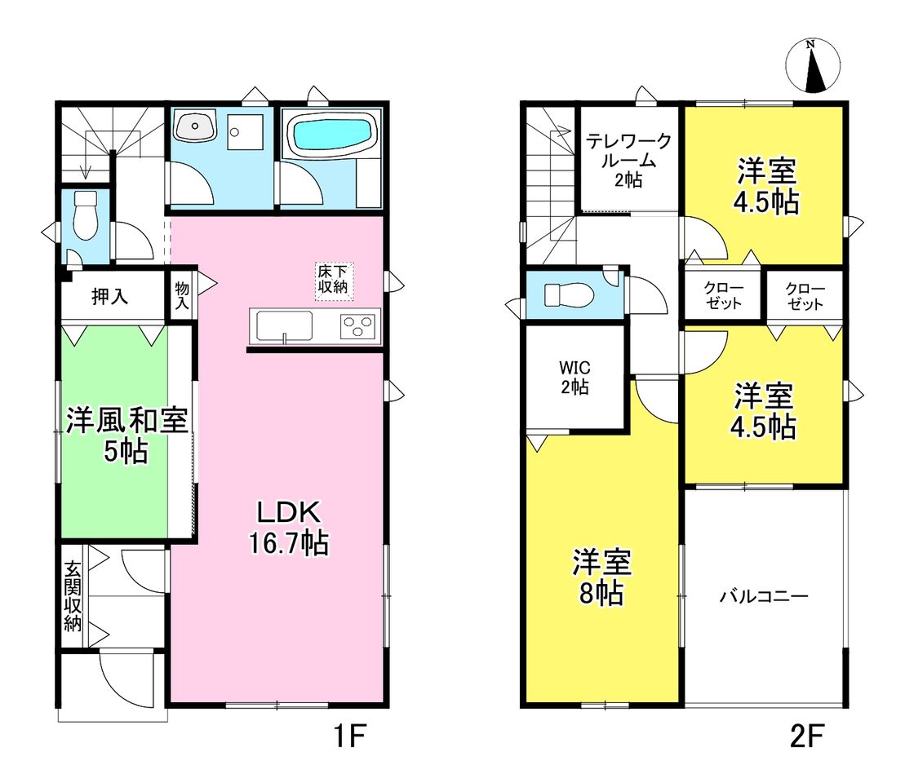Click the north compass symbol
pyautogui.click(x=813, y=65)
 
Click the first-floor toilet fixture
pyautogui.click(x=86, y=215)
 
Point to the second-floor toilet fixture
pyautogui.click(x=569, y=295)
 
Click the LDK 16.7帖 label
pyautogui.click(x=289, y=527)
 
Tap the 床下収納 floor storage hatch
pyautogui.click(x=334, y=281)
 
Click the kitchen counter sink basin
pyautogui.click(x=285, y=326)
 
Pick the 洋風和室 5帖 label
pyautogui.click(x=126, y=436)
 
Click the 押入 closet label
pyautogui.click(x=109, y=297)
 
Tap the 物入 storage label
pyautogui.click(x=182, y=294)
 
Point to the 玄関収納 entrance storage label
pyautogui.click(x=73, y=596)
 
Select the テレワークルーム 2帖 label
pyautogui.click(x=628, y=160)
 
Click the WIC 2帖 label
pyautogui.click(x=574, y=377)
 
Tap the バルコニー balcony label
pyautogui.click(x=764, y=596)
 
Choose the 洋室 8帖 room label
pyautogui.click(x=602, y=577)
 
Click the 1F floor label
pyautogui.click(x=350, y=736)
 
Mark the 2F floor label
pyautogui.click(x=806, y=736)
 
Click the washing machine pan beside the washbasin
pyautogui.click(x=245, y=131)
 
